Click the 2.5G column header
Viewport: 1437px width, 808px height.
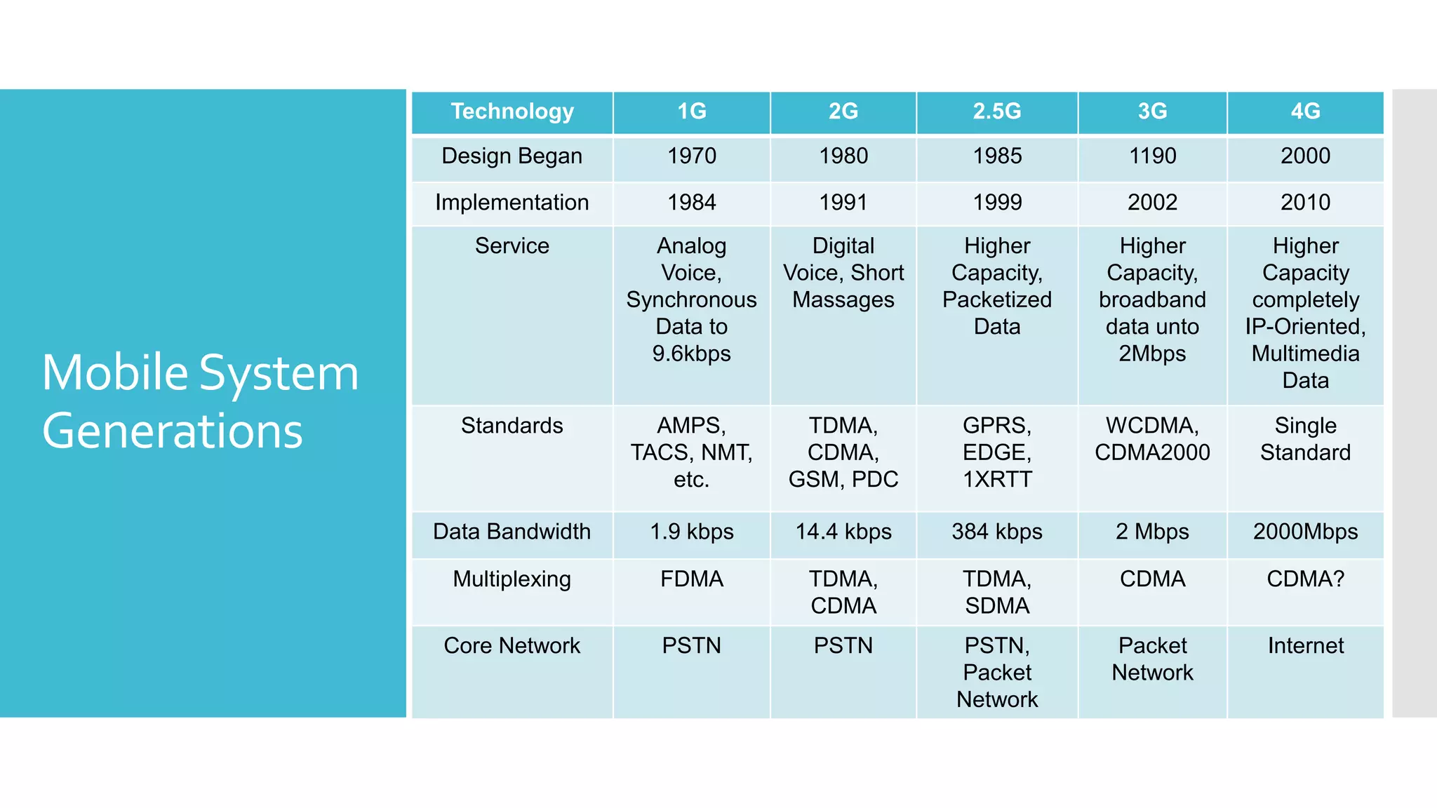996,112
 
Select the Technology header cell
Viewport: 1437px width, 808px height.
512,112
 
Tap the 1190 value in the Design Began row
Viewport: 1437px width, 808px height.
1152,156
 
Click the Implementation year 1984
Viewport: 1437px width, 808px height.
691,203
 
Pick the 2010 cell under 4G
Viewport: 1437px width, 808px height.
1305,203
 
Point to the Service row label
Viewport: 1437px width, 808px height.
512,246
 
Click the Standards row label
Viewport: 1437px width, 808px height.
512,426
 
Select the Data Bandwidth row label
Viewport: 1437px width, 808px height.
512,532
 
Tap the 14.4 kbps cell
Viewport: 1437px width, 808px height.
843,532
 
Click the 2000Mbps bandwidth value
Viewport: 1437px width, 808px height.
1305,532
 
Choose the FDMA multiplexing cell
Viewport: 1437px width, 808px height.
691,579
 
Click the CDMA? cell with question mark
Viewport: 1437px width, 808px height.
1305,579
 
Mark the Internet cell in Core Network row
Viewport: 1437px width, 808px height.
1305,646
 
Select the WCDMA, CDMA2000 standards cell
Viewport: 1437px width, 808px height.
1152,439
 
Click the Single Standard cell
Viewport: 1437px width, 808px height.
1305,439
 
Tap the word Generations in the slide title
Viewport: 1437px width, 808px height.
173,431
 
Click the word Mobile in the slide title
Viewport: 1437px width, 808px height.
114,372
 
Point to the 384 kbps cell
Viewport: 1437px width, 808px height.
996,532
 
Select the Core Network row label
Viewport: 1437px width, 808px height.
512,646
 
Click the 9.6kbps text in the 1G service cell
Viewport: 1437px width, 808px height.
691,353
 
